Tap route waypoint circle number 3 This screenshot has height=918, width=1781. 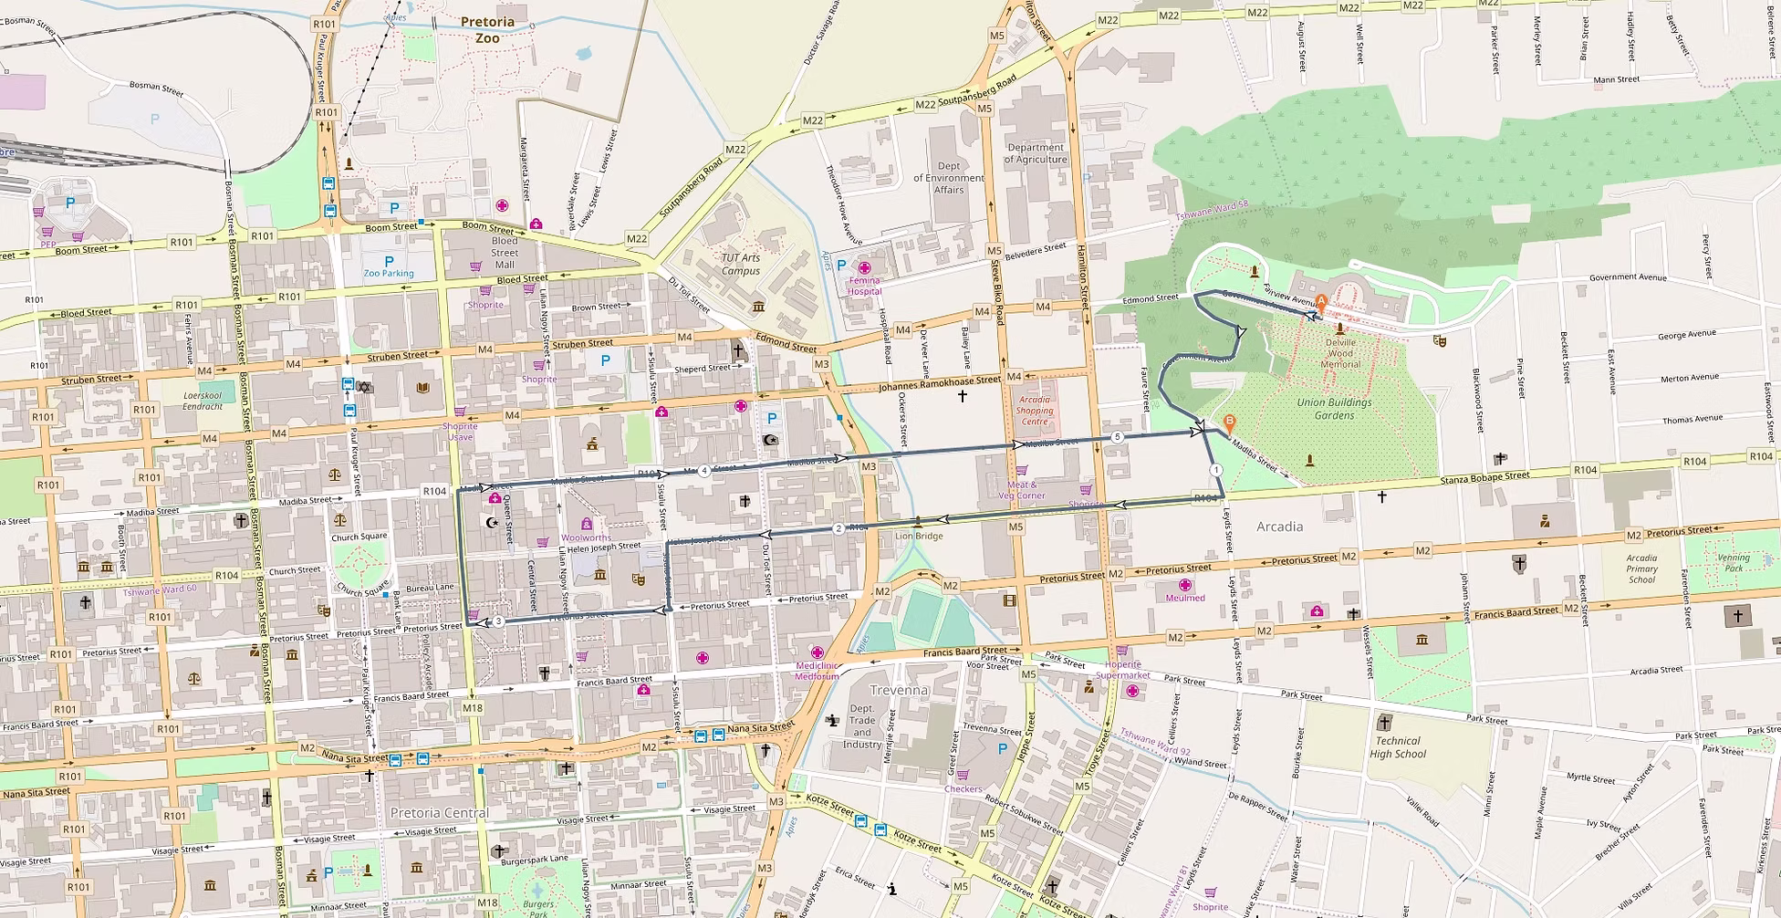pyautogui.click(x=498, y=621)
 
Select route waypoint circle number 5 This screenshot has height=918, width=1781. pyautogui.click(x=1118, y=437)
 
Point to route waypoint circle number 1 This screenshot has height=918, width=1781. pyautogui.click(x=1216, y=469)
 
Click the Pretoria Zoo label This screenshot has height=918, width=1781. pyautogui.click(x=487, y=30)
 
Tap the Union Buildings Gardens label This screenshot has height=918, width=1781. pyautogui.click(x=1334, y=409)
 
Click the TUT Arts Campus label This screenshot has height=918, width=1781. pyautogui.click(x=740, y=264)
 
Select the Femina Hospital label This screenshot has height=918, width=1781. pyautogui.click(x=864, y=286)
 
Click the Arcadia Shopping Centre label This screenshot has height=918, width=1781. pyautogui.click(x=1035, y=411)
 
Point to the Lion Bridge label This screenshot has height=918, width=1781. pyautogui.click(x=919, y=536)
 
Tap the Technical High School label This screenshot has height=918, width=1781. pyautogui.click(x=1397, y=747)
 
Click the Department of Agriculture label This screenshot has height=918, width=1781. pyautogui.click(x=1036, y=153)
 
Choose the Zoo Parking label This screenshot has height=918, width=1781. pyautogui.click(x=389, y=273)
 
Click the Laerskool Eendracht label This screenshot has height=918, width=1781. pyautogui.click(x=203, y=401)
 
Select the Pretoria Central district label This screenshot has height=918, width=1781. pyautogui.click(x=440, y=812)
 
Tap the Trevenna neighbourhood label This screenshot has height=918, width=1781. pyautogui.click(x=899, y=690)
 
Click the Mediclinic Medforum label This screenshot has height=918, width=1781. pyautogui.click(x=817, y=671)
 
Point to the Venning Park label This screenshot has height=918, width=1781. pyautogui.click(x=1734, y=563)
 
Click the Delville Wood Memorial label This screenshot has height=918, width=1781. pyautogui.click(x=1340, y=353)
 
